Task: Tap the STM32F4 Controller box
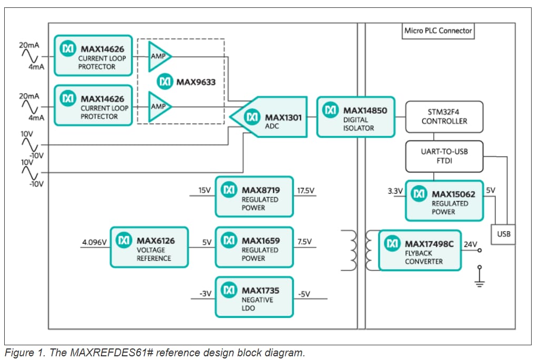pyautogui.click(x=444, y=116)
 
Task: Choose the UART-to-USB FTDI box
pyautogui.click(x=444, y=156)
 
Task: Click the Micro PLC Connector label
pyautogui.click(x=438, y=31)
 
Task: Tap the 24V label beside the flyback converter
pyautogui.click(x=470, y=244)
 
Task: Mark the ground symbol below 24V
pyautogui.click(x=479, y=279)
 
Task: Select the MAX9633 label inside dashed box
pyautogui.click(x=187, y=82)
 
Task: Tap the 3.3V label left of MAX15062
pyautogui.click(x=395, y=191)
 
